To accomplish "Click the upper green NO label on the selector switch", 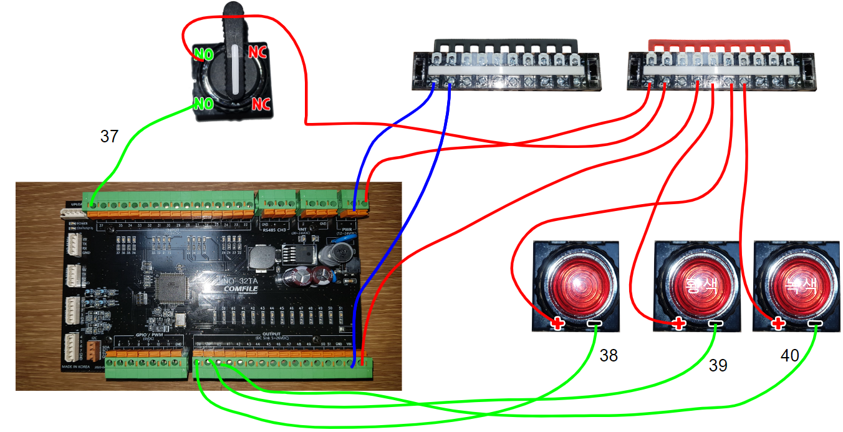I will [x=203, y=54].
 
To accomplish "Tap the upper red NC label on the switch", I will [x=258, y=52].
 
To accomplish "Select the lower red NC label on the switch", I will [x=261, y=104].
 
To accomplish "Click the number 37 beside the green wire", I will [x=109, y=137].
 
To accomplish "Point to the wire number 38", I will [x=609, y=355].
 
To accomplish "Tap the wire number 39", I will [x=718, y=366].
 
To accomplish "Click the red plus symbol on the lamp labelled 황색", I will [x=680, y=324].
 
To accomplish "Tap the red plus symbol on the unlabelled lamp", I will [x=557, y=324].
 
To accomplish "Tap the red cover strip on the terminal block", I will [x=720, y=44].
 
